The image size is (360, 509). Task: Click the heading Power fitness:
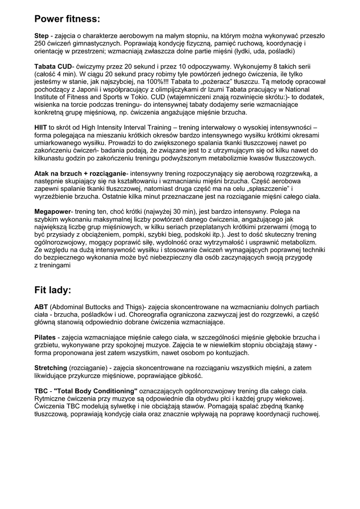tap(67, 19)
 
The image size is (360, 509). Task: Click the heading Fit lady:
tap(53, 289)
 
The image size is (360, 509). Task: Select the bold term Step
tap(41, 36)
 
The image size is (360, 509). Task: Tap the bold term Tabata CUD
tap(53, 66)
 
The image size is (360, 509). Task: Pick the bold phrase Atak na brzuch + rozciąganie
tap(80, 173)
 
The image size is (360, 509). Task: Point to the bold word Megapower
tap(53, 211)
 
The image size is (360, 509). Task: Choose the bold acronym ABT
tap(41, 307)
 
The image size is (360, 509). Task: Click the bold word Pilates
tap(45, 338)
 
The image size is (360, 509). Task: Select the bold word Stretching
tap(50, 368)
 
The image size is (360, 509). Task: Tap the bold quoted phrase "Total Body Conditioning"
tap(95, 391)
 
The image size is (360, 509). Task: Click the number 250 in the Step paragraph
tap(40, 44)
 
